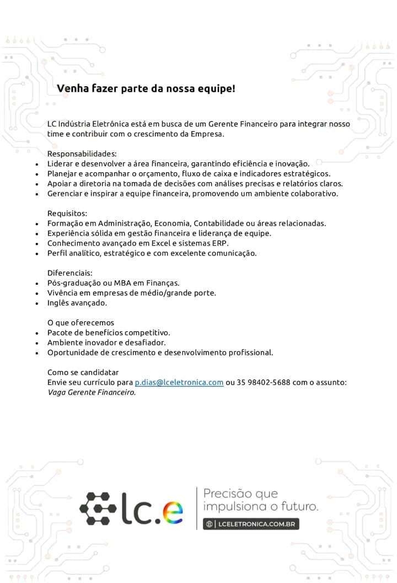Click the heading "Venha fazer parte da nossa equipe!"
pos(146,88)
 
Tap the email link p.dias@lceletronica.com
pos(179,382)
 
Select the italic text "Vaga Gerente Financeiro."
pos(92,393)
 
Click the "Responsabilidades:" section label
pos(82,153)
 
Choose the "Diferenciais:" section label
pos(70,273)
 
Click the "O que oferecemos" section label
pos(81,322)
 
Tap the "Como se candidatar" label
pos(83,372)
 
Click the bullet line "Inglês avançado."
pos(77,303)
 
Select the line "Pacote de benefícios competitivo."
pos(109,332)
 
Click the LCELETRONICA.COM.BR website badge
pos(251,523)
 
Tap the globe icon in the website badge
pos(209,523)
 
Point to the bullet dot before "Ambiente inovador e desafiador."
pos(36,342)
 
